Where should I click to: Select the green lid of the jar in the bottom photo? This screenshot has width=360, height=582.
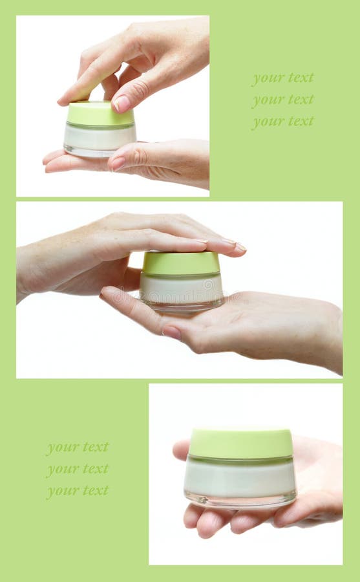[240, 444]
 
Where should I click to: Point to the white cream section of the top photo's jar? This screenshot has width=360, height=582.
[100, 136]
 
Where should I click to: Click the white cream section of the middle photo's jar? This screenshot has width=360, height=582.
[181, 288]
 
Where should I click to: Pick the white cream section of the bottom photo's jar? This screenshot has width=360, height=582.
[240, 477]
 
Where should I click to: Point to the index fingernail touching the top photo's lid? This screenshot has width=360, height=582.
[122, 103]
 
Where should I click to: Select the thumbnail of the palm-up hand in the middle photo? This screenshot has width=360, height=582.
[171, 332]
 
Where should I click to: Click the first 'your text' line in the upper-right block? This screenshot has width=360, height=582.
[283, 78]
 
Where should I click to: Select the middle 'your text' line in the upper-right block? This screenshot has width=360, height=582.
[283, 100]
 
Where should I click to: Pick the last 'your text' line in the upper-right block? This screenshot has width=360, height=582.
[283, 121]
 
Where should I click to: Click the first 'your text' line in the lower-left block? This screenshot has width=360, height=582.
[78, 447]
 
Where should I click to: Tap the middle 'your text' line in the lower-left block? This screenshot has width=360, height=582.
[78, 469]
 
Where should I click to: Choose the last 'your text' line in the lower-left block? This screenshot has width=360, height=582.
[78, 491]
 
